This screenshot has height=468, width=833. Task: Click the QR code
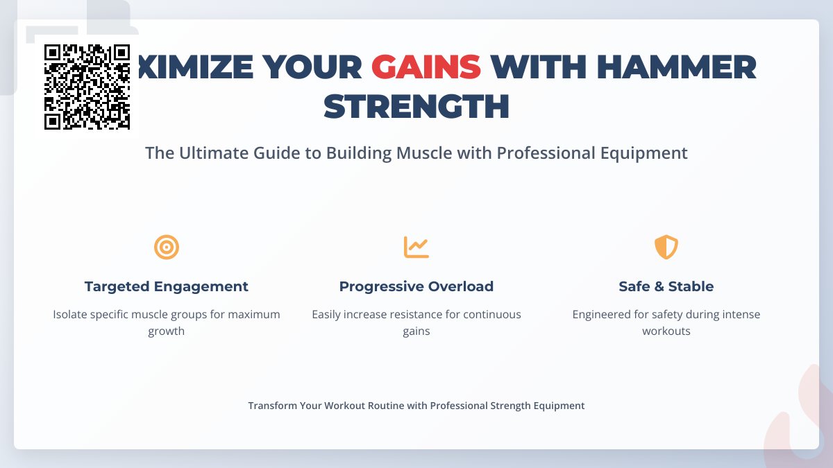click(x=87, y=87)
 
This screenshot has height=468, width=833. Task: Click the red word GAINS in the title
click(x=426, y=67)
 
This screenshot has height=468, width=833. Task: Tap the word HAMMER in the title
click(x=676, y=67)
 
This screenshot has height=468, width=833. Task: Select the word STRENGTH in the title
click(x=416, y=106)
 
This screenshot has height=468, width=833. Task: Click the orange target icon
click(x=167, y=247)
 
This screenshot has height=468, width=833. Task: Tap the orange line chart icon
click(x=416, y=247)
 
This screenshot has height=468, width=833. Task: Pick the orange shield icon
click(x=666, y=247)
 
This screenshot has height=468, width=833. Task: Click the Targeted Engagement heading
click(x=167, y=286)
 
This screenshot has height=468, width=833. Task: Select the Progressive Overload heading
click(x=416, y=286)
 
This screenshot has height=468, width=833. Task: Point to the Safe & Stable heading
click(x=666, y=286)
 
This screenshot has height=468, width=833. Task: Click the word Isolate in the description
click(x=72, y=314)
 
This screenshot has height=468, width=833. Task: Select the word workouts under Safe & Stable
click(x=666, y=331)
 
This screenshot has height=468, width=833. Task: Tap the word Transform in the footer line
click(x=273, y=406)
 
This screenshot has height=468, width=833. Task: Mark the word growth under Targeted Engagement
click(x=167, y=331)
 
